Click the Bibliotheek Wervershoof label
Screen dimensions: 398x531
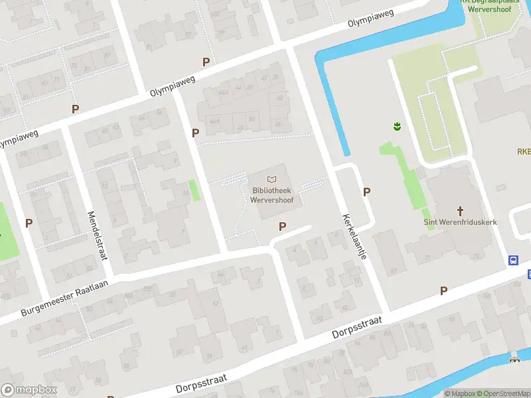(271, 194)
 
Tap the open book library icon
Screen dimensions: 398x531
(271, 179)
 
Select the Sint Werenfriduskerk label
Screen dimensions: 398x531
(460, 222)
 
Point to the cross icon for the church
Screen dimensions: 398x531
(460, 209)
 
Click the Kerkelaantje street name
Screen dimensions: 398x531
(354, 236)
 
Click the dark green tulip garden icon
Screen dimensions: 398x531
(396, 125)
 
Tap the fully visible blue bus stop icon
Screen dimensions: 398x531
(514, 261)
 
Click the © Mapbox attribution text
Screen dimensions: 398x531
(461, 393)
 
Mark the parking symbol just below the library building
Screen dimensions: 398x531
(283, 227)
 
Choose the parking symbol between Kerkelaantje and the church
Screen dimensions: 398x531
(366, 192)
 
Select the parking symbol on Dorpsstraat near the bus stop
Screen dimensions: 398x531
(443, 291)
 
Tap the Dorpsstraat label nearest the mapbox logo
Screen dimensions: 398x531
(202, 383)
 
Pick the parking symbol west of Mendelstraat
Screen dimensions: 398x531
(29, 224)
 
